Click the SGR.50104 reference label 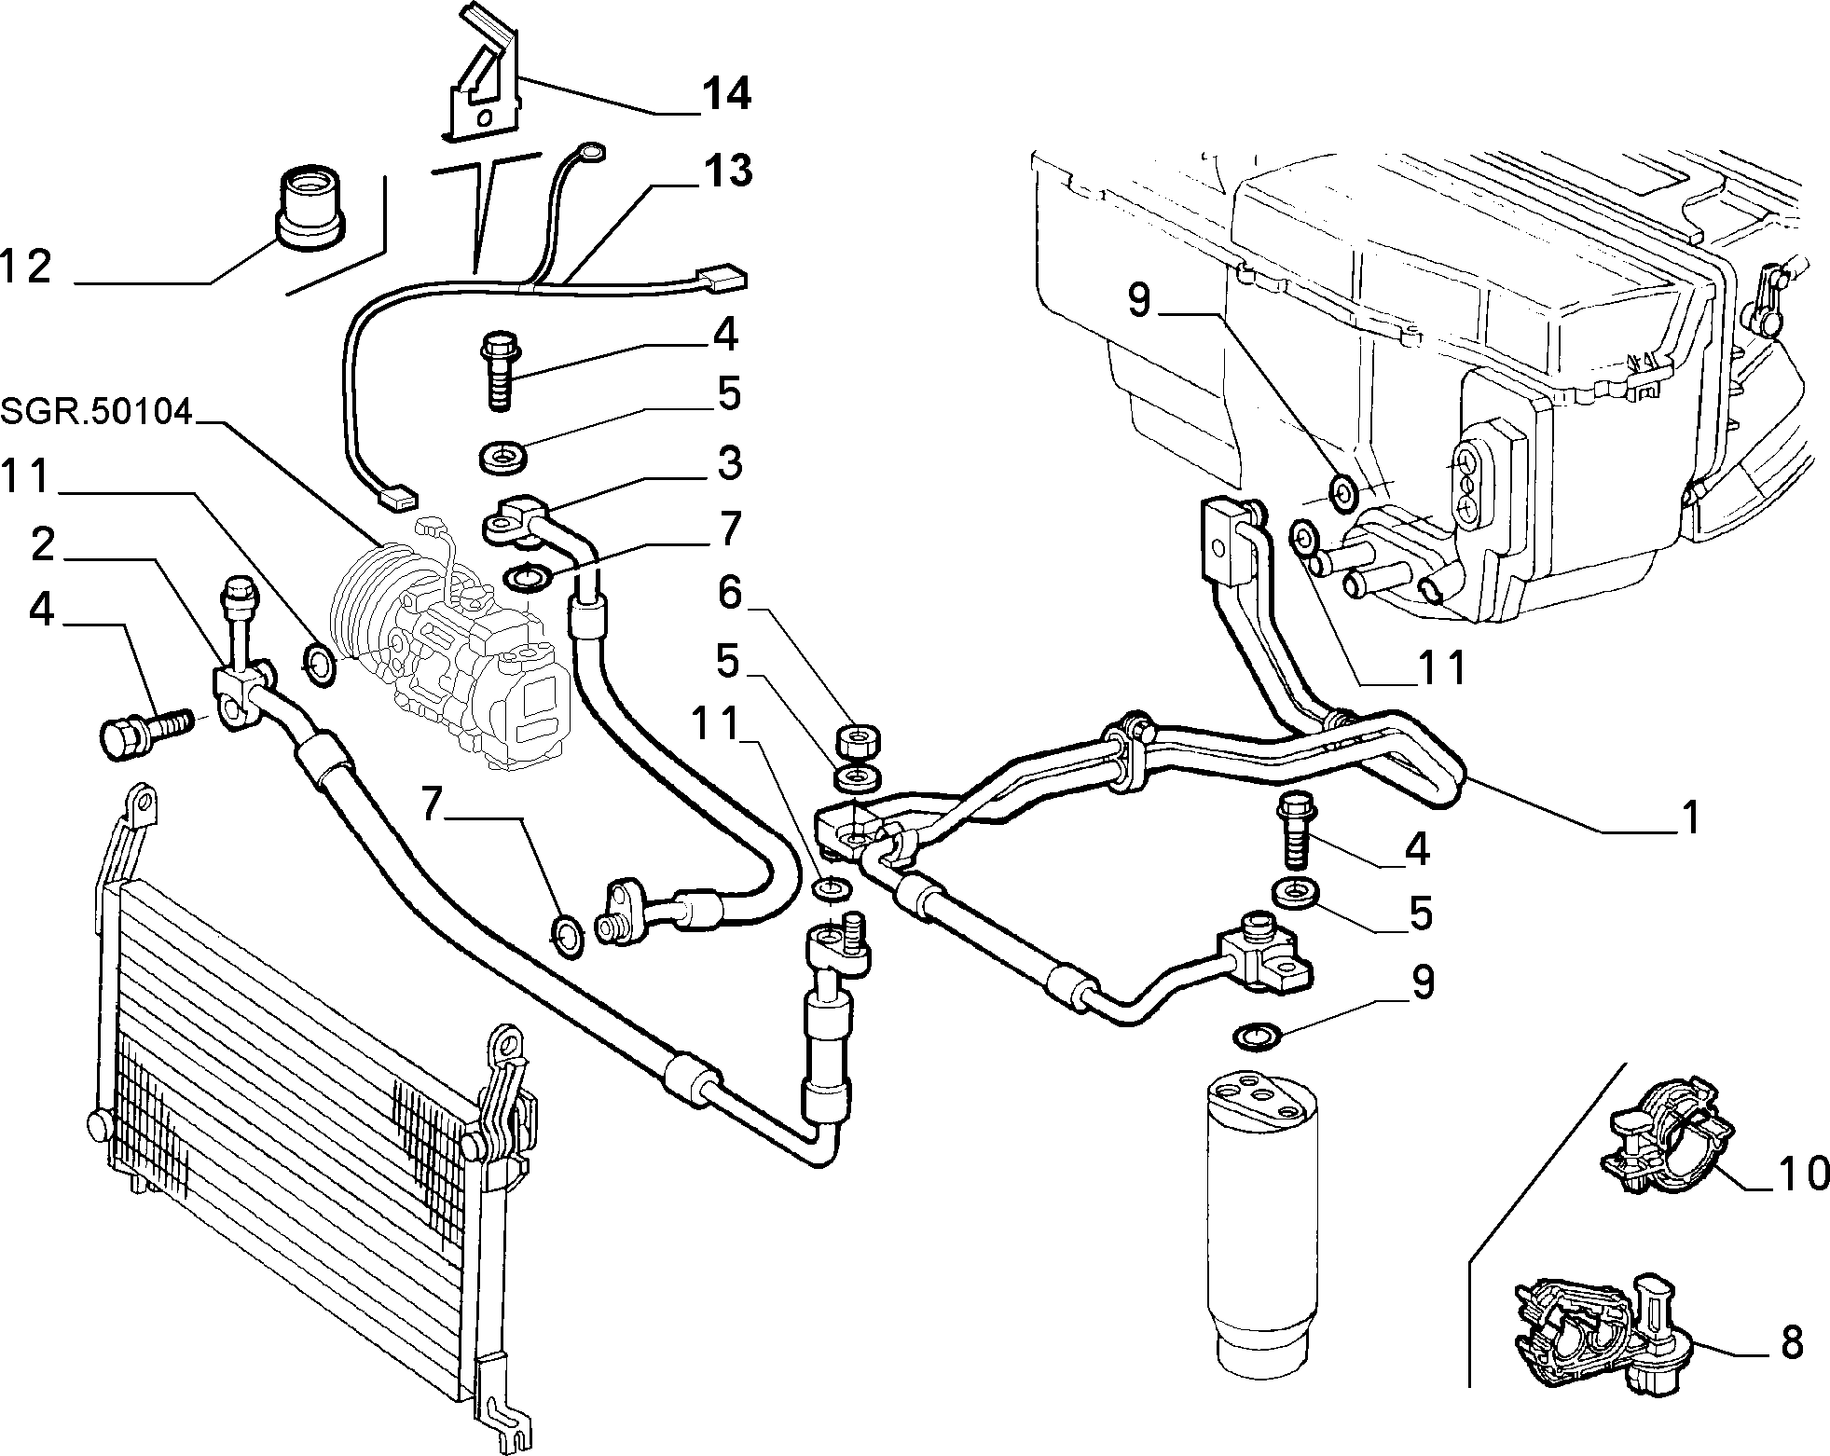[97, 411]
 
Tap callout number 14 [726, 93]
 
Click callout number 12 [26, 268]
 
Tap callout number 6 [728, 594]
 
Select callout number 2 [43, 545]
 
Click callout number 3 [729, 463]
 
